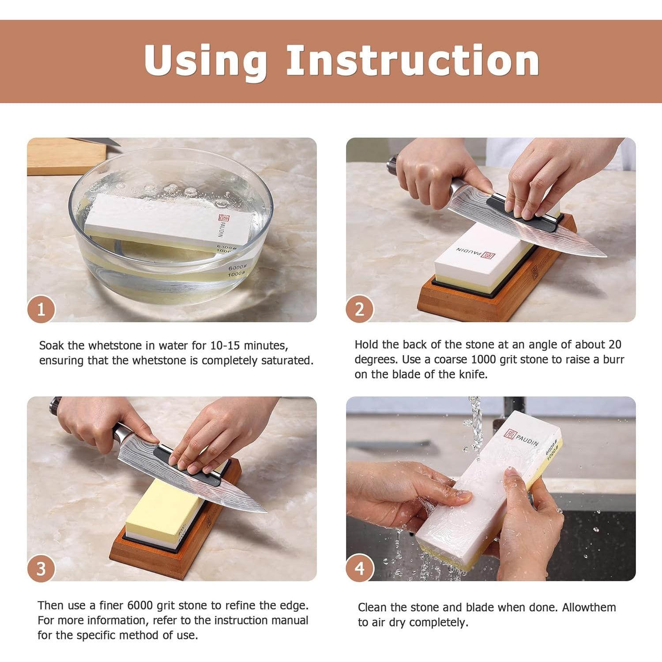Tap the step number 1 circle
coord(41,309)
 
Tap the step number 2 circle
coord(360,309)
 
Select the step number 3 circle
coord(41,568)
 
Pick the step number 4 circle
coord(360,568)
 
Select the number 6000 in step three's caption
coord(140,605)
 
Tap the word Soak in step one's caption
coord(52,345)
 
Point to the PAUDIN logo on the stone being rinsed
coord(521,437)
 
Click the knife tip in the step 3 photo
coord(266,512)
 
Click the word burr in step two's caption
coord(614,359)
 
